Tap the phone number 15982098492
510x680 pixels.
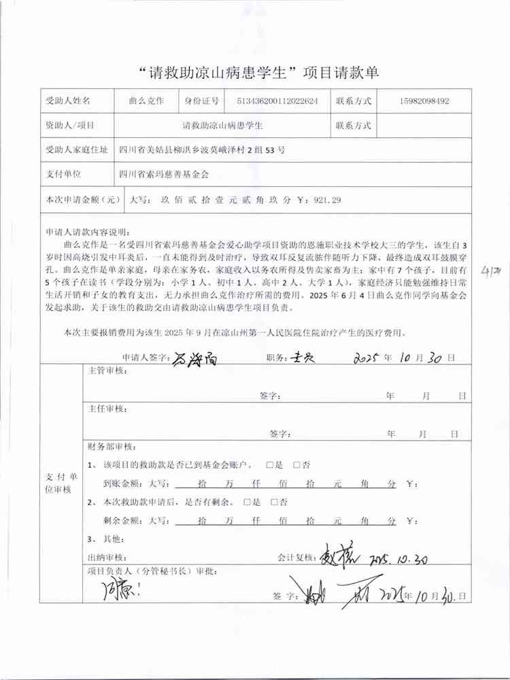coord(421,101)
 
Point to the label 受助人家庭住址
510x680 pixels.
coord(76,150)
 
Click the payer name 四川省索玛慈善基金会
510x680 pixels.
coord(163,174)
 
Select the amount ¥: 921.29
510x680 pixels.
coord(320,200)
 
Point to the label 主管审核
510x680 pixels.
coord(107,371)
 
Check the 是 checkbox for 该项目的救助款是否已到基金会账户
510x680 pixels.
coord(270,465)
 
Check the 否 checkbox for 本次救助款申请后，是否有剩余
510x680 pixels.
coord(275,503)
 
